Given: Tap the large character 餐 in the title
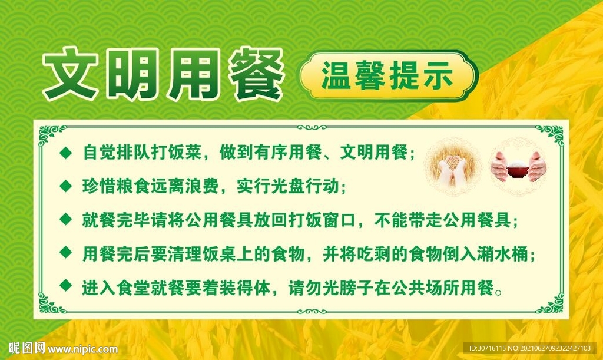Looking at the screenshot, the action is [x=256, y=73].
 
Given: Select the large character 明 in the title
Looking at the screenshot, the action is [x=131, y=73].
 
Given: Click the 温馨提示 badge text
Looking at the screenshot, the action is [x=387, y=75].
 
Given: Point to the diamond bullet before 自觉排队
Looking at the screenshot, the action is [x=66, y=153].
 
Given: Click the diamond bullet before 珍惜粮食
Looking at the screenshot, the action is [x=66, y=186].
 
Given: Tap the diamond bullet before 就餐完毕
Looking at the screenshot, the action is [x=66, y=220].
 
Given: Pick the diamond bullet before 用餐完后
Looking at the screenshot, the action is [x=66, y=253].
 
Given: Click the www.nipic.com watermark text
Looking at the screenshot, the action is [x=82, y=349].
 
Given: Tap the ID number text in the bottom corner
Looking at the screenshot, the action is [x=530, y=348].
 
